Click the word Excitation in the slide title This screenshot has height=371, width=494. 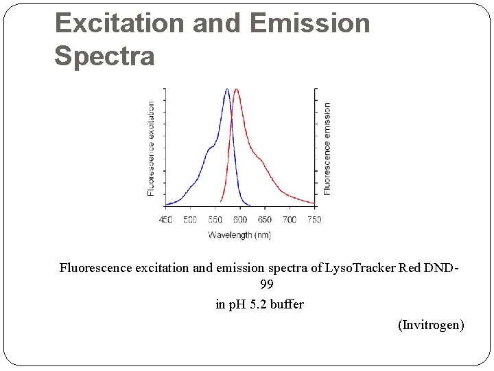[120, 23]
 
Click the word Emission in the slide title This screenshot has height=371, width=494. [310, 23]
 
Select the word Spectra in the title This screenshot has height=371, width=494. [104, 56]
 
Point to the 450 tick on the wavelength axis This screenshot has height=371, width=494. [165, 220]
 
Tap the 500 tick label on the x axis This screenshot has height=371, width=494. [190, 220]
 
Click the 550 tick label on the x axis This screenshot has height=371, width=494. [215, 220]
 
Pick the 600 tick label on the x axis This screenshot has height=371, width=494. [239, 220]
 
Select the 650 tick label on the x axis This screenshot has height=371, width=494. [265, 220]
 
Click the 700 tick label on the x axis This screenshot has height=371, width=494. [290, 220]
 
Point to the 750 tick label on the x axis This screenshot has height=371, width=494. [314, 220]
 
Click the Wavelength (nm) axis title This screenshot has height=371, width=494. [239, 235]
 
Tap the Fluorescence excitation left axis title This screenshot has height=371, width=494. [151, 148]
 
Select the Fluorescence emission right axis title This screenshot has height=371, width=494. [327, 148]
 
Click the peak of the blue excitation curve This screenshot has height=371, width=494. [227, 89]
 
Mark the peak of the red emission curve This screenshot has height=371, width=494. [237, 89]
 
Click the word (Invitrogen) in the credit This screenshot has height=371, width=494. [431, 324]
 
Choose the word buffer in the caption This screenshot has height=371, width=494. [287, 304]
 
